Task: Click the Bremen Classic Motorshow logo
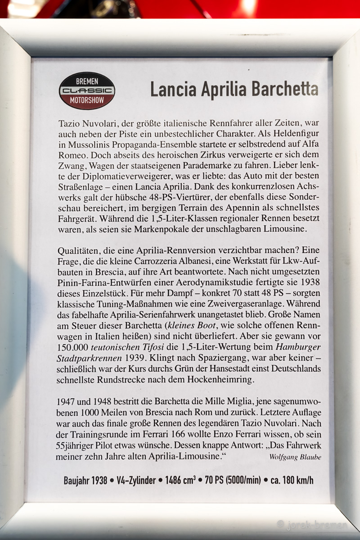coord(87,91)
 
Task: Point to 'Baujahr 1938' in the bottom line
coord(85,480)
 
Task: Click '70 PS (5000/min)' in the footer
coord(235,480)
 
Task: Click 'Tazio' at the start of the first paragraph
coord(69,123)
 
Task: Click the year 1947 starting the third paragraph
coord(66,401)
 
